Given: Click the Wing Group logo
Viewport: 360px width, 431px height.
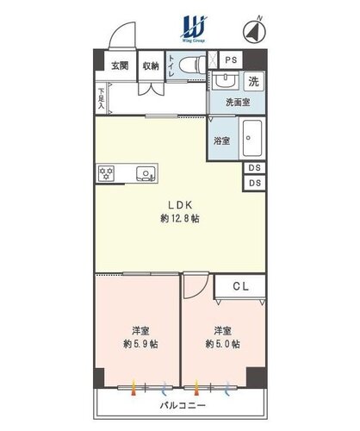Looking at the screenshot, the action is pyautogui.click(x=194, y=29).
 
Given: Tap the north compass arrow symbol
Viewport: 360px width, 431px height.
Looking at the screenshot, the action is pyautogui.click(x=254, y=31).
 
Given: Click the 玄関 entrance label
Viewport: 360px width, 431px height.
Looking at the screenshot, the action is pyautogui.click(x=120, y=66).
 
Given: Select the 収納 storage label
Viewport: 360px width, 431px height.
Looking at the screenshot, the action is pyautogui.click(x=151, y=66).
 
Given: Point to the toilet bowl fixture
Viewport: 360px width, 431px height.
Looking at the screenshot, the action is pyautogui.click(x=192, y=65).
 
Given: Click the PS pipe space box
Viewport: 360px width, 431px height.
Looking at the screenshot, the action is pyautogui.click(x=231, y=59).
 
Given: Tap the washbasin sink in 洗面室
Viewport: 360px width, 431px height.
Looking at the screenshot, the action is pyautogui.click(x=227, y=81).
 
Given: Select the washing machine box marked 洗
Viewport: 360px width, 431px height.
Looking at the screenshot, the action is pyautogui.click(x=254, y=82).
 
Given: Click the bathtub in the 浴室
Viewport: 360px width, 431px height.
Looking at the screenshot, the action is pyautogui.click(x=252, y=138).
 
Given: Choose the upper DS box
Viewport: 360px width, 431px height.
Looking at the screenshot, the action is pyautogui.click(x=254, y=168).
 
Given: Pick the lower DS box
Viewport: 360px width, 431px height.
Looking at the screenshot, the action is pyautogui.click(x=254, y=183).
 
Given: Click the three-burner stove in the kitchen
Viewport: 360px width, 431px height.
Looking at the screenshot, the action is pyautogui.click(x=106, y=173).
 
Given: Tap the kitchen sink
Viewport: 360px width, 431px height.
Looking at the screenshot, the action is pyautogui.click(x=146, y=173).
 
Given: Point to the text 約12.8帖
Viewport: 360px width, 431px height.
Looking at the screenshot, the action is pyautogui.click(x=180, y=219).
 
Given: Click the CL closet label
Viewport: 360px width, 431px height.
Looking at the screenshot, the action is pyautogui.click(x=240, y=286).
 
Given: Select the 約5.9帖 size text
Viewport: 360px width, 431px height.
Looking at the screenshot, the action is pyautogui.click(x=140, y=344).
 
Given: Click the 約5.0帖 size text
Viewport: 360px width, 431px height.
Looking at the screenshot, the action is pyautogui.click(x=223, y=344).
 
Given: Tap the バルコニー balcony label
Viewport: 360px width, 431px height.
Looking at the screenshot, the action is pyautogui.click(x=183, y=405).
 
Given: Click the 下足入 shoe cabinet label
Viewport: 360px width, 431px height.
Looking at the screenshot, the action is pyautogui.click(x=102, y=98).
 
